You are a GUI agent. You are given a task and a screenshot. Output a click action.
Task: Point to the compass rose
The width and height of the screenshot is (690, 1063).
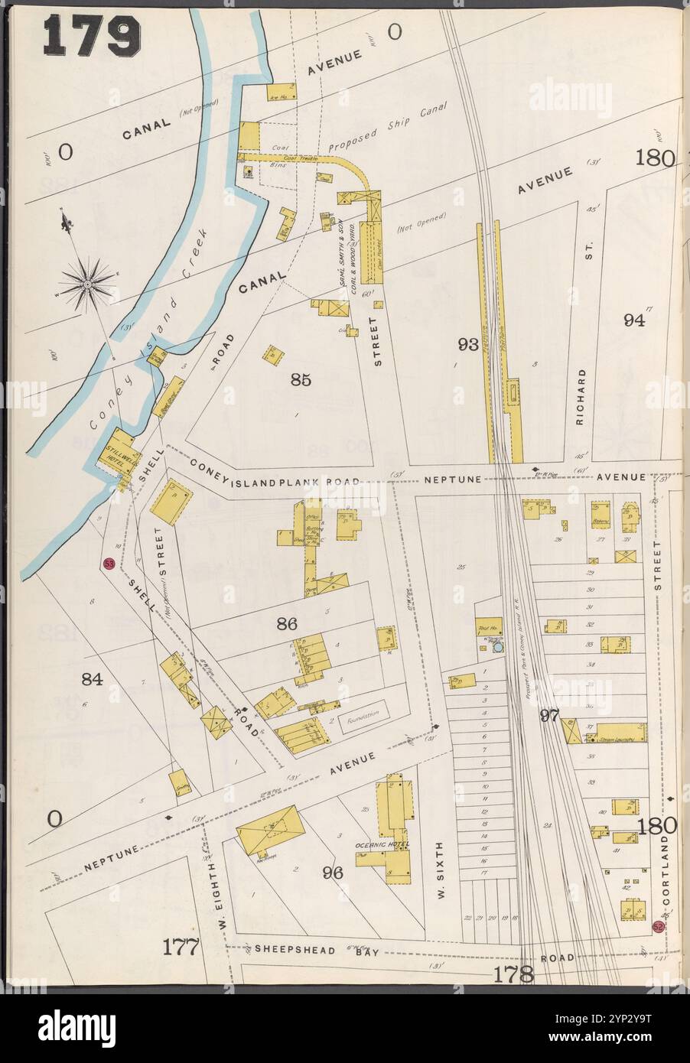point(88,282)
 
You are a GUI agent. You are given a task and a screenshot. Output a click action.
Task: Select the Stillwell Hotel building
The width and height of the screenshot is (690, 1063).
point(113,456)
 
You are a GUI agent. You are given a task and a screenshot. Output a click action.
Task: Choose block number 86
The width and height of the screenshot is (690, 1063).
point(287,624)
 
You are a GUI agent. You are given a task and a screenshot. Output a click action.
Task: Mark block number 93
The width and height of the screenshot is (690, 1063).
point(468,345)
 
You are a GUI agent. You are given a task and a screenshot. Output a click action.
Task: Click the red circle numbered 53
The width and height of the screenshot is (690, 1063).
point(109,564)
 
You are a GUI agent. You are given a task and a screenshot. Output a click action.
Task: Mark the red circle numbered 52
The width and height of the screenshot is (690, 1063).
point(659,926)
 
